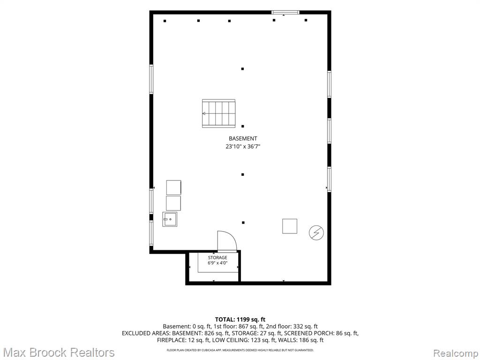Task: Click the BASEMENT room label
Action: (x=243, y=138)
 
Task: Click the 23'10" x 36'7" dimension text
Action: (x=243, y=147)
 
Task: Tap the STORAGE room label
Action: (x=217, y=258)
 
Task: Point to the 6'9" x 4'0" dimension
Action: (x=217, y=263)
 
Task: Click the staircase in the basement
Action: (x=218, y=113)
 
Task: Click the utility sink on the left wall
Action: (x=170, y=219)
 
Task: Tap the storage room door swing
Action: (x=227, y=241)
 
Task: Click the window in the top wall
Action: (x=285, y=12)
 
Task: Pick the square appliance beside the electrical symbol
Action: (x=290, y=226)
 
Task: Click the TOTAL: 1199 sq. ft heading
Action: (x=240, y=320)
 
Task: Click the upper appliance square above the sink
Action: (x=173, y=187)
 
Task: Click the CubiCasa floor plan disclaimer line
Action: (x=240, y=350)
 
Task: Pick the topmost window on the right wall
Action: (x=330, y=84)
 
